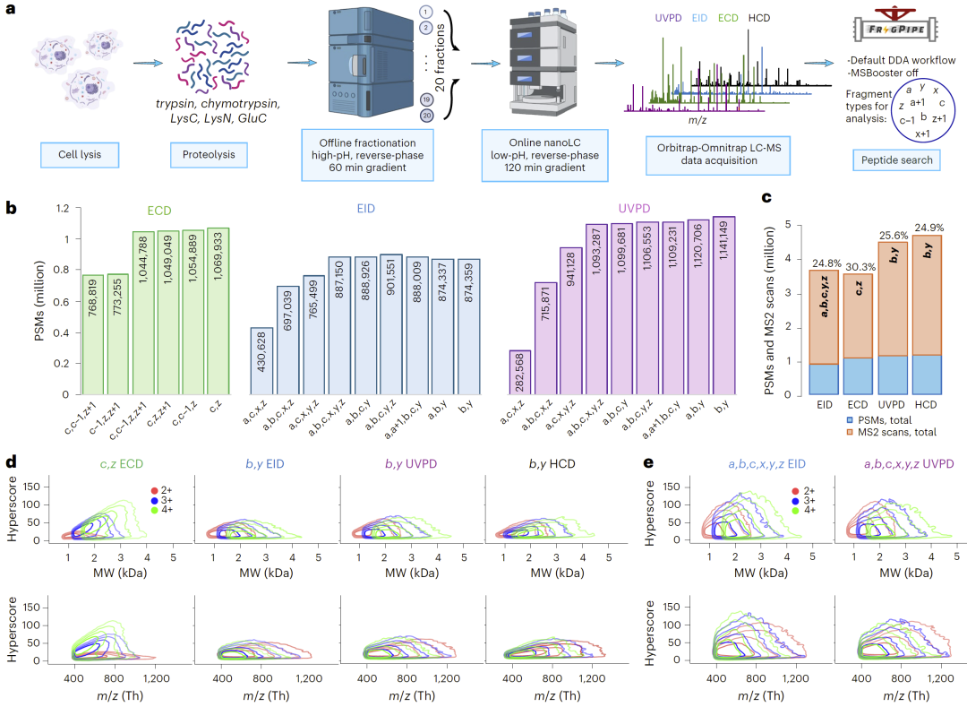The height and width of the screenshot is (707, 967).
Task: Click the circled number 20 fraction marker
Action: pos(428,115)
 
